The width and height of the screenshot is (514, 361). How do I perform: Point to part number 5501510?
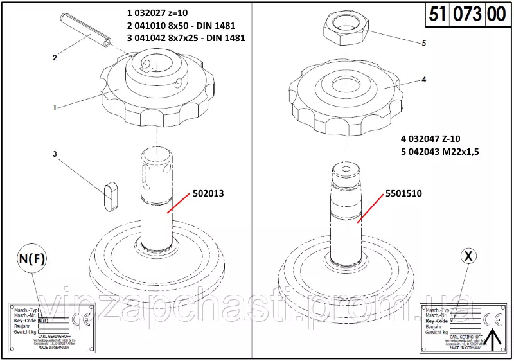pos(403,192)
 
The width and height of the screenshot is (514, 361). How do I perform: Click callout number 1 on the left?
pos(55,107)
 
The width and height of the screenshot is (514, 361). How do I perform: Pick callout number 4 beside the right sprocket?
pos(423,80)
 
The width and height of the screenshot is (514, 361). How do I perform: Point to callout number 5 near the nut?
pos(423,44)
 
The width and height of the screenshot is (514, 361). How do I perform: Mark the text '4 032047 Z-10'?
pos(430,138)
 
